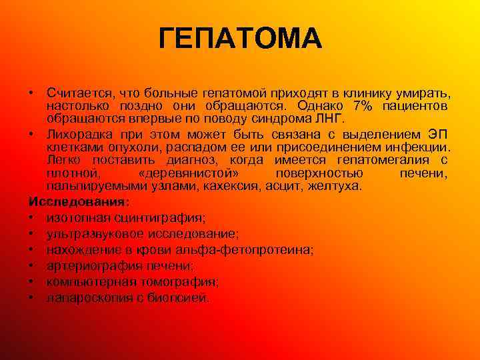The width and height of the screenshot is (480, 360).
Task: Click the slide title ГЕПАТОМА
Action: (240, 39)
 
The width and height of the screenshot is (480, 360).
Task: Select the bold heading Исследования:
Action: (79, 201)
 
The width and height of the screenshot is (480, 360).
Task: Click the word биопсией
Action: (183, 297)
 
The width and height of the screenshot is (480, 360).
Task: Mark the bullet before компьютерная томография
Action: (31, 281)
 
